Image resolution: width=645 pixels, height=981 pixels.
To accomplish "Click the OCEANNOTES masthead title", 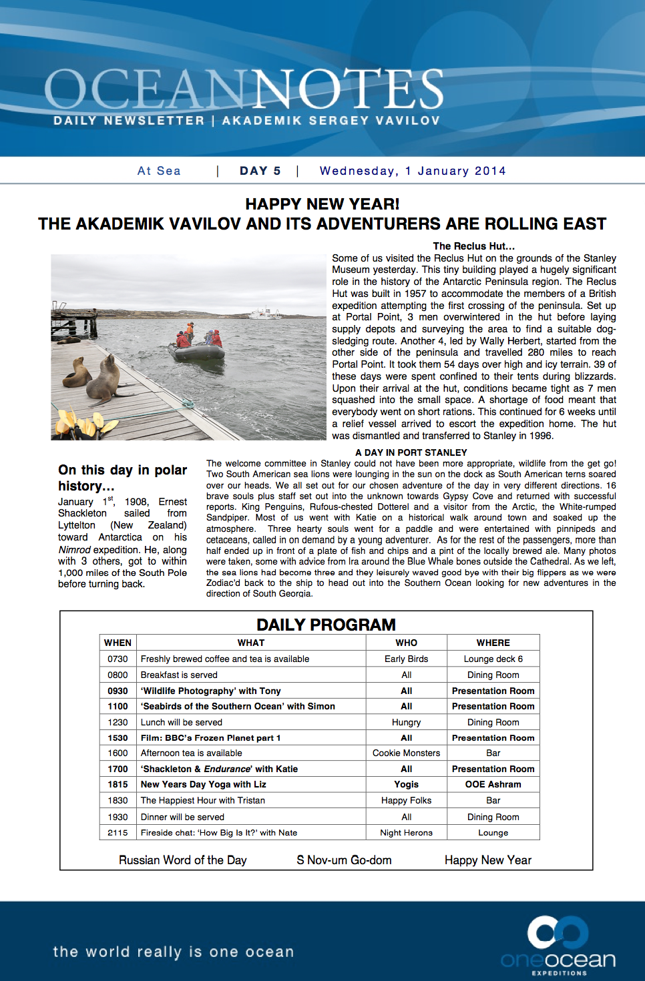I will point(244,89).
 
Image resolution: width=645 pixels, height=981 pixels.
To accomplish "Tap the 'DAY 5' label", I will point(260,171).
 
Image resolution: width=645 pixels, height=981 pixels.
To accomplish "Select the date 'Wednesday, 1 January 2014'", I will point(413,171).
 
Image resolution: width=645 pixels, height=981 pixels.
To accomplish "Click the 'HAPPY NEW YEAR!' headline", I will point(322,204).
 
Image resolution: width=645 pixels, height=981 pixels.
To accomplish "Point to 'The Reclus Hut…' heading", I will point(473,246).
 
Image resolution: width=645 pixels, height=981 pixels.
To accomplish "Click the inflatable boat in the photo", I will point(196,350).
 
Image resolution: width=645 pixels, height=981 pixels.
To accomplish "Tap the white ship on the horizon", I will point(264,313).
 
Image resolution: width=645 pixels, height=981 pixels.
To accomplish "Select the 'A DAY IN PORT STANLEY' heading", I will point(411,452).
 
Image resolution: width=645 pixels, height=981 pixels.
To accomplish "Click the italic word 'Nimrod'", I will point(74,549).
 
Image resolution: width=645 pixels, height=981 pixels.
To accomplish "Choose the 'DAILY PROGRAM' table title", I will point(326,625).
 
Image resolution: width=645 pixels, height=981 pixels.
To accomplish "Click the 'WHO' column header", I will point(406,643).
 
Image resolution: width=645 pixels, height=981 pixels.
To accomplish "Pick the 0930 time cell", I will point(118,691).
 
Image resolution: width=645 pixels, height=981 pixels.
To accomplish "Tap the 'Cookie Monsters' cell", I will point(406,753).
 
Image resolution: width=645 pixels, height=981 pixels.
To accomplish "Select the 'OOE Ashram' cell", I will point(493,784).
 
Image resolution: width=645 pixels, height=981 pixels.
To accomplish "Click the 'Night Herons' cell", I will point(406,833).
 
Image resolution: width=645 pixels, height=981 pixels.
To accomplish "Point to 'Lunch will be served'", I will point(182,722).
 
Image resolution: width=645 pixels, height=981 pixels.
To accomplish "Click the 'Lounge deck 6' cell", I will point(493,659).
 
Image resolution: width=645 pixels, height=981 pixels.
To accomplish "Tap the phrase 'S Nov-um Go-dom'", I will point(344,860).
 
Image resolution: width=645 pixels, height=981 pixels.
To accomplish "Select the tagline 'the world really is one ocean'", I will point(174,952).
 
